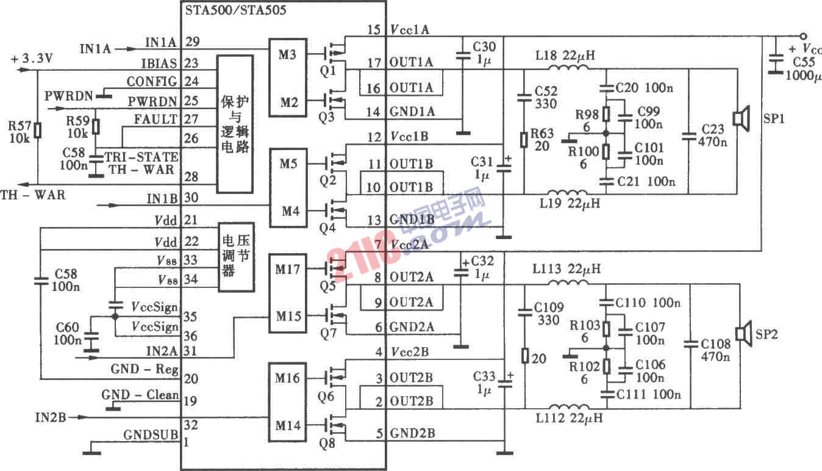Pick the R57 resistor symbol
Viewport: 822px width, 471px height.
tap(38, 130)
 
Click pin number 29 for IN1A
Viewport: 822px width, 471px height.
tap(191, 42)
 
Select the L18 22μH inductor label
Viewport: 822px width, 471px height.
tap(565, 56)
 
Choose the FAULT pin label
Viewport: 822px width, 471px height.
tap(157, 119)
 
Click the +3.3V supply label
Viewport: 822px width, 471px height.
tap(32, 59)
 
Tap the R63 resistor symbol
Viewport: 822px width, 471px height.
tap(524, 140)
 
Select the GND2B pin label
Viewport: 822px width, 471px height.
tap(413, 434)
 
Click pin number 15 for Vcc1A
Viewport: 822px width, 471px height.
tap(374, 30)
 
